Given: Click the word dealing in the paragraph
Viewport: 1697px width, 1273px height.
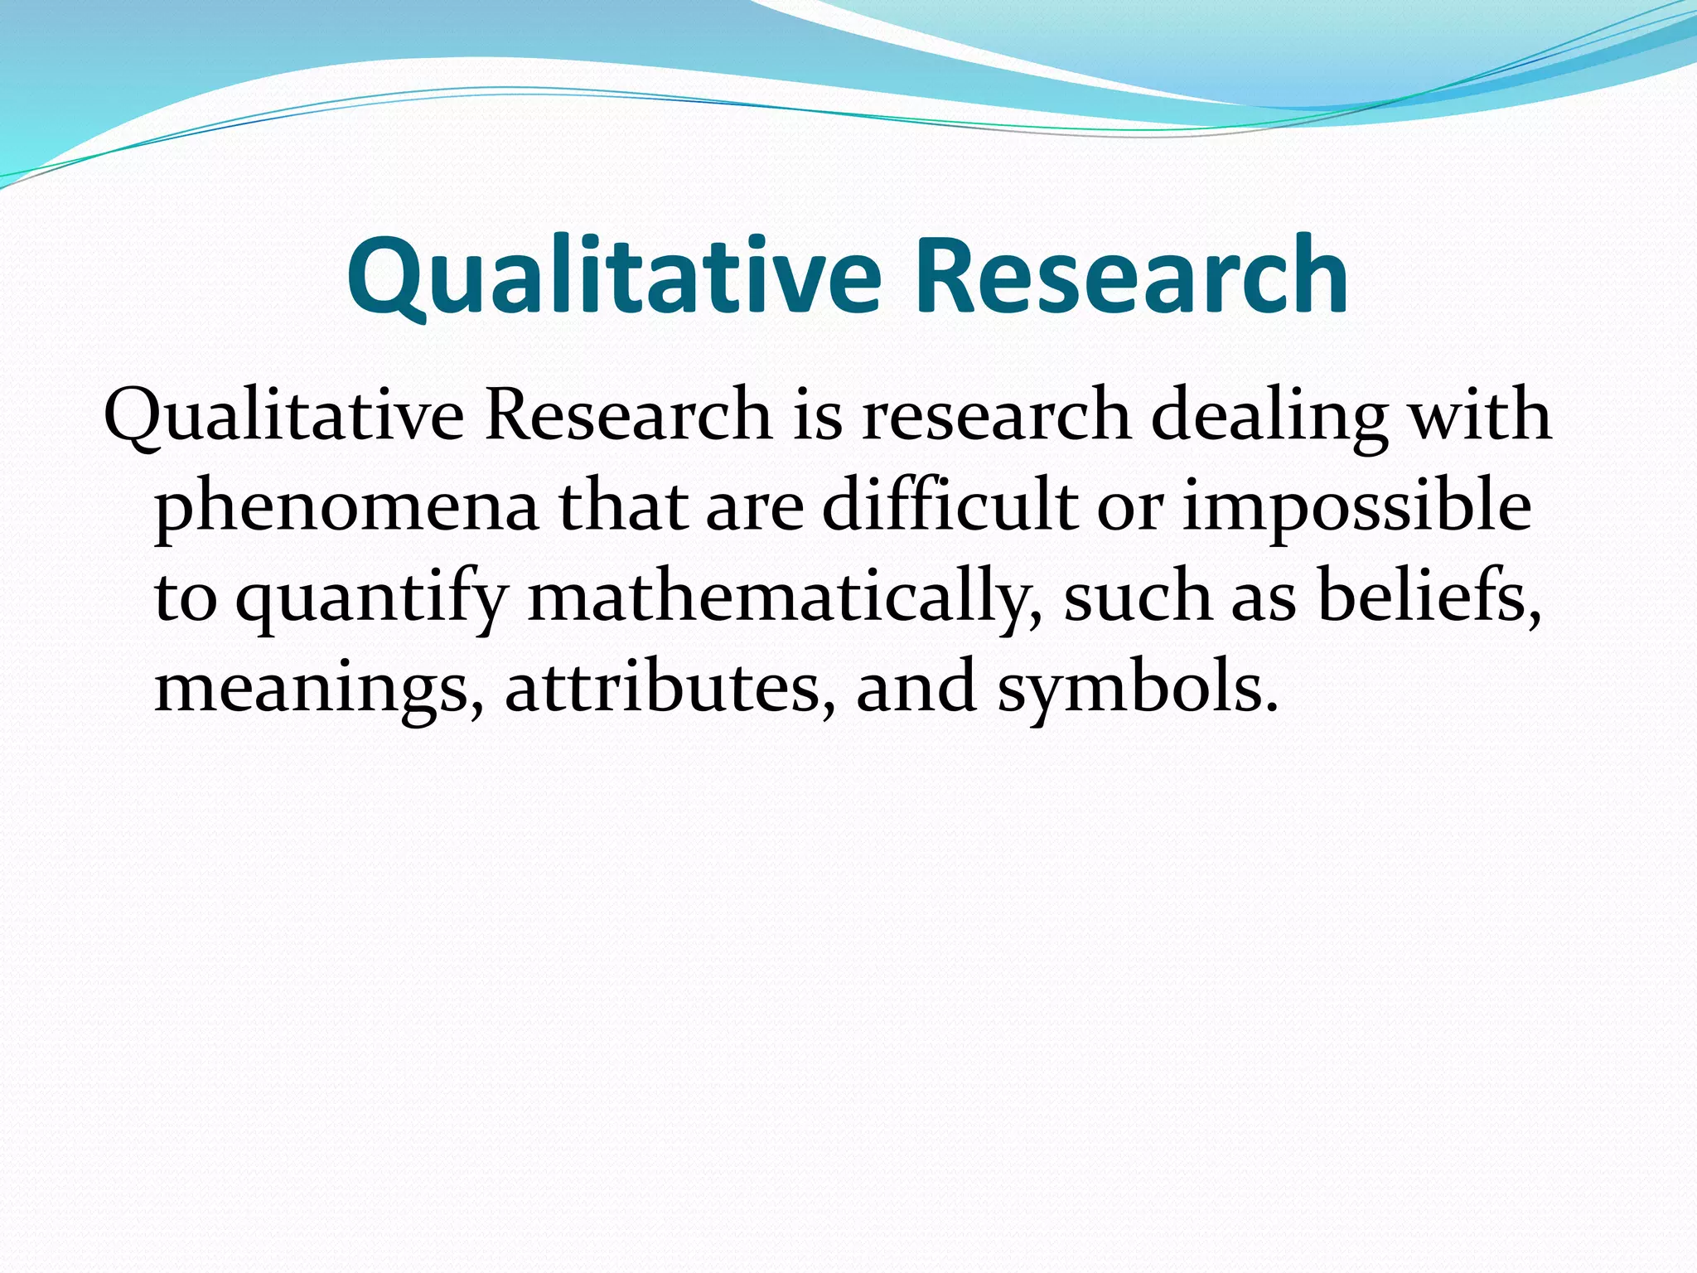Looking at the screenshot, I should click(1269, 414).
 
